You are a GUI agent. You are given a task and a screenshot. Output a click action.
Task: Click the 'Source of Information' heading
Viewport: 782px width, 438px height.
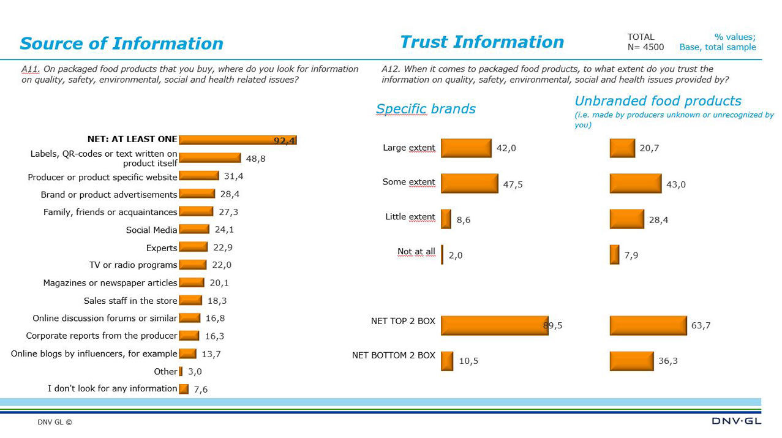click(121, 43)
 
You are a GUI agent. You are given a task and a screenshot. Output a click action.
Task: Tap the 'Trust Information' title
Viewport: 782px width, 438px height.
click(481, 42)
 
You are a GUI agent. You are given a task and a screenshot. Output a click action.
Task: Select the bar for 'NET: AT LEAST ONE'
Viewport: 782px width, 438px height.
click(238, 140)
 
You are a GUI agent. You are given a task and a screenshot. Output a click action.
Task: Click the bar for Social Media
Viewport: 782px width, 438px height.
click(194, 229)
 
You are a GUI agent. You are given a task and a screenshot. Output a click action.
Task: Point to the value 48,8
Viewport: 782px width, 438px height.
click(255, 159)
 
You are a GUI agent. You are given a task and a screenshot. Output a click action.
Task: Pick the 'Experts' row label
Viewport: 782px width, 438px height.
click(162, 248)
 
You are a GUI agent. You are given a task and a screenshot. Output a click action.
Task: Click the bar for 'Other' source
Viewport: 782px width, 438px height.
click(181, 371)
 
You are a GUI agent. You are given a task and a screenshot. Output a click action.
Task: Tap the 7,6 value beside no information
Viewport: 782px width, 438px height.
click(201, 389)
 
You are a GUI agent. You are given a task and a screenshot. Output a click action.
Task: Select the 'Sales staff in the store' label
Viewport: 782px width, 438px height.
click(130, 301)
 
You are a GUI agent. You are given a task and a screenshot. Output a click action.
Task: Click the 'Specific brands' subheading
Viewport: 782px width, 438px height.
click(426, 109)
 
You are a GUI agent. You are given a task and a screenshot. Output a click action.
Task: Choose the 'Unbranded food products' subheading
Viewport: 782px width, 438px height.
click(658, 101)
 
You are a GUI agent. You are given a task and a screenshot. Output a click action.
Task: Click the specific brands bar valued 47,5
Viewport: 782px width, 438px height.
click(469, 183)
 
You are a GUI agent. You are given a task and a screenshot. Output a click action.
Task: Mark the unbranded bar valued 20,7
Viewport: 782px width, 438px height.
click(622, 148)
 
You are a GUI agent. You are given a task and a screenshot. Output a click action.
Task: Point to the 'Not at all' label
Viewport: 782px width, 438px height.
click(416, 252)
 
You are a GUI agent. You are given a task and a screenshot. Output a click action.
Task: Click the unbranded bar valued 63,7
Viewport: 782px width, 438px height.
click(648, 325)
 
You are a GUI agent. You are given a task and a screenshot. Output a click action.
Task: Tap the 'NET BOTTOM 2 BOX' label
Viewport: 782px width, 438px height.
click(393, 355)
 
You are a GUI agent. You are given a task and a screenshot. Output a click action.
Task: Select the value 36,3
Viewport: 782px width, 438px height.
click(668, 361)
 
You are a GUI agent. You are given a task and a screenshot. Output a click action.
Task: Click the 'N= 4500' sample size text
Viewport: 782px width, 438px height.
click(645, 47)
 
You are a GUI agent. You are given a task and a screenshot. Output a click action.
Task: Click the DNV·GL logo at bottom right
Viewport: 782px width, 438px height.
click(736, 421)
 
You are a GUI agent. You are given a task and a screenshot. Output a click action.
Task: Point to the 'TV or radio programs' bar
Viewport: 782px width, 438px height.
click(192, 265)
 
